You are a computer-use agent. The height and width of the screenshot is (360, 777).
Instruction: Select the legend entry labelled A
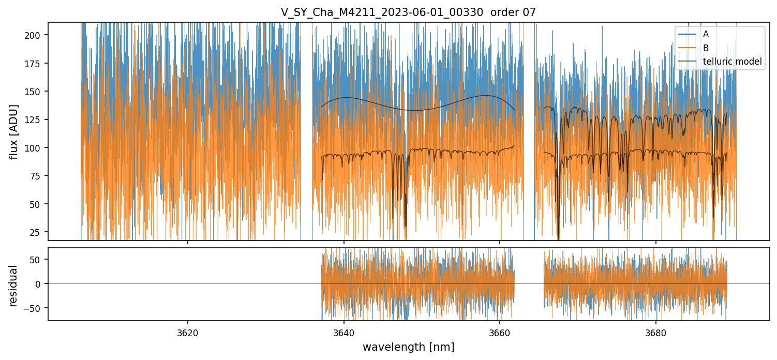[706, 34]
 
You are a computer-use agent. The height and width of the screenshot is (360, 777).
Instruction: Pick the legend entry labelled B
[706, 48]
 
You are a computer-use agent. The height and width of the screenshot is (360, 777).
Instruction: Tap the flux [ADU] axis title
[14, 131]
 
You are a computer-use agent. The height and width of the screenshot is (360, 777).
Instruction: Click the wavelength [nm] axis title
[408, 347]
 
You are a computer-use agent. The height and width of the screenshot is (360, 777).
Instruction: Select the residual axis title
[14, 285]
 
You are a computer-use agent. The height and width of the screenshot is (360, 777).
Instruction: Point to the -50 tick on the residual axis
[37, 308]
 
